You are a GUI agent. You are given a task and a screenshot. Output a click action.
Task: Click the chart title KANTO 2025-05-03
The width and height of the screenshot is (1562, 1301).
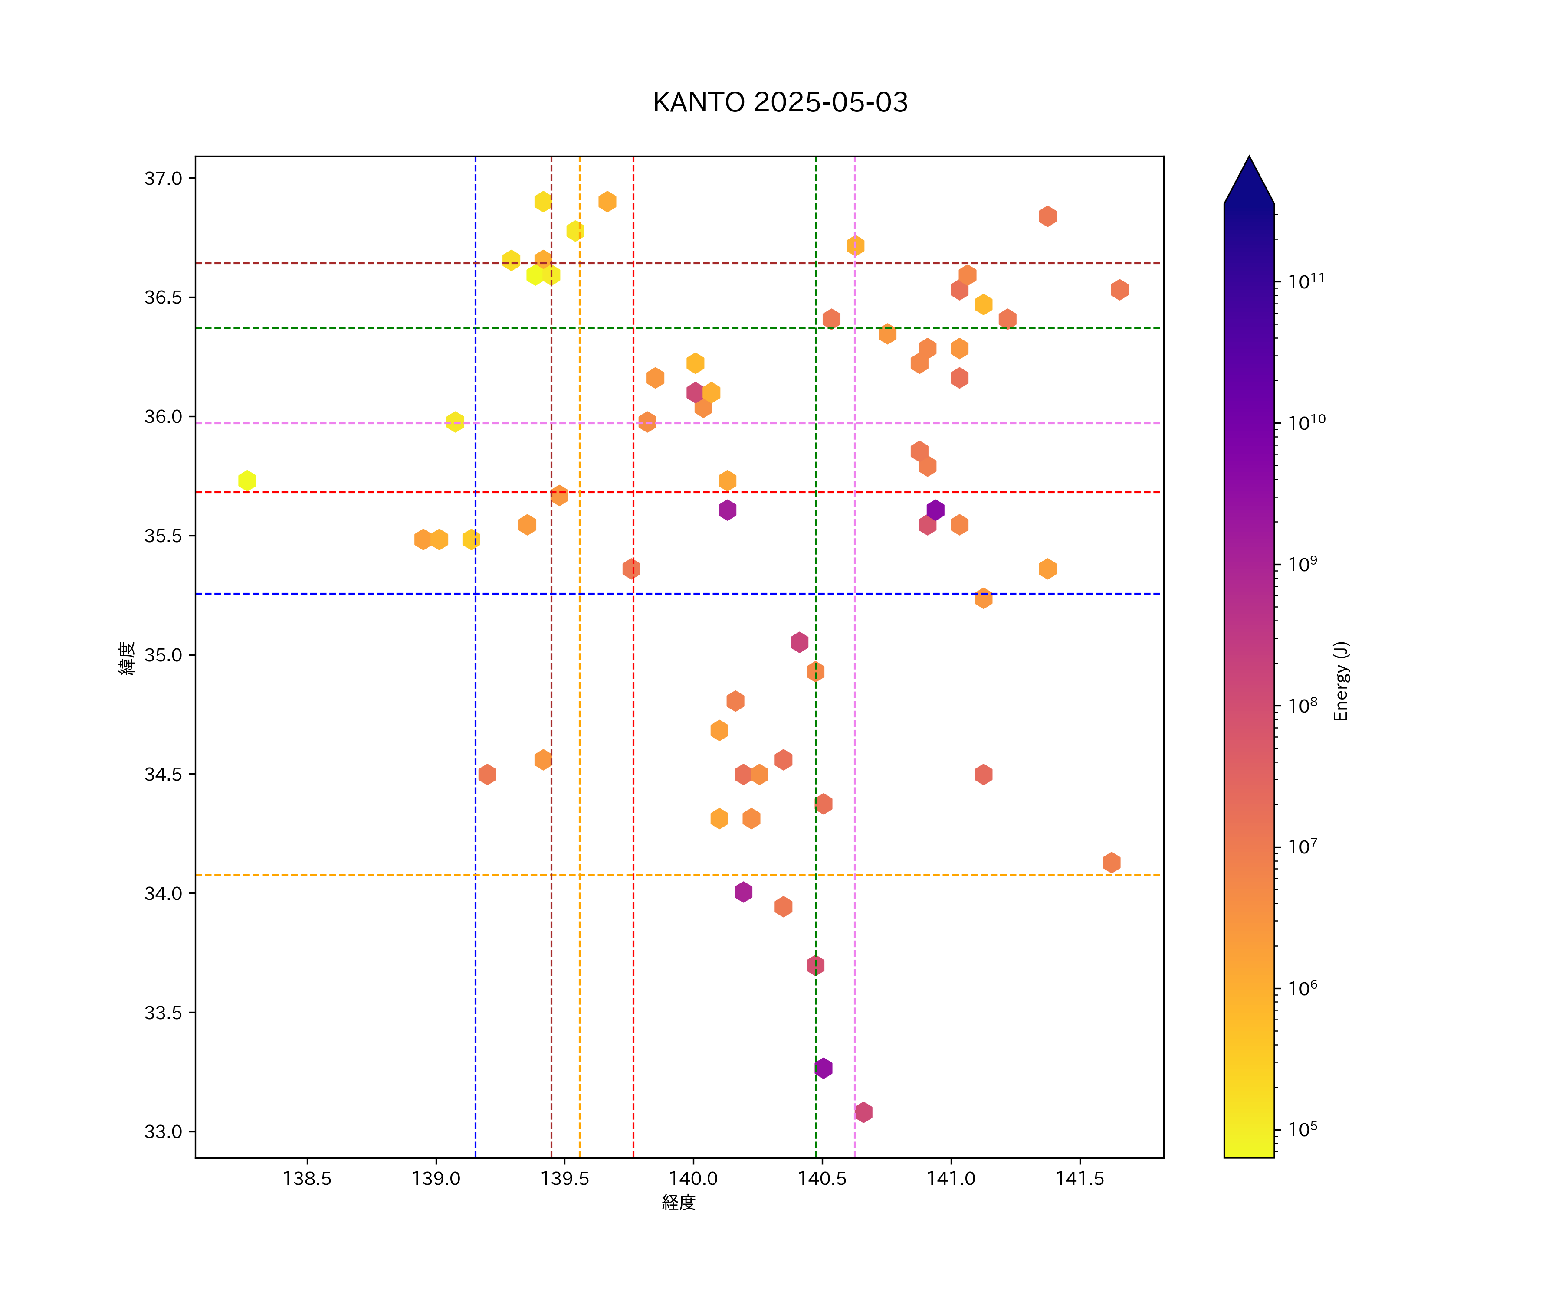(780, 103)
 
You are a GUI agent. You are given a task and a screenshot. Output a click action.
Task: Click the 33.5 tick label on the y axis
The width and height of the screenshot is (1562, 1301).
(163, 1013)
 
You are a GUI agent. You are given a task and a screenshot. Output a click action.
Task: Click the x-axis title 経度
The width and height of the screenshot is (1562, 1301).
(678, 1202)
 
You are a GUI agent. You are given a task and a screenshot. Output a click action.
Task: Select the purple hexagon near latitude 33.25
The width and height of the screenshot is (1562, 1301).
(824, 1068)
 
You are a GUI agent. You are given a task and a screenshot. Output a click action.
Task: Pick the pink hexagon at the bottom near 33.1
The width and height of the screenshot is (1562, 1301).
(863, 1112)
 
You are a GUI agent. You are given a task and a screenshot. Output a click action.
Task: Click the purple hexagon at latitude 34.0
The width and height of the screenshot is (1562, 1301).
(743, 892)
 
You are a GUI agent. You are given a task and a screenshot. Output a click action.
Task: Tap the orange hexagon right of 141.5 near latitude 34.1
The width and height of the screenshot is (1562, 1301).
(1111, 863)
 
